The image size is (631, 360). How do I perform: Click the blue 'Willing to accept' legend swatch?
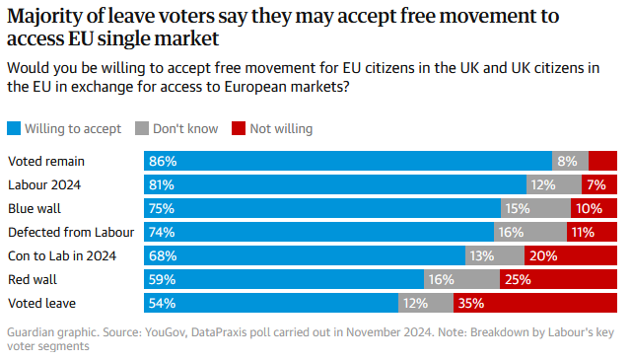14,128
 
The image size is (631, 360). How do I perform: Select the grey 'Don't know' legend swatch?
140,128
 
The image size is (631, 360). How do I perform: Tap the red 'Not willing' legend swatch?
238,128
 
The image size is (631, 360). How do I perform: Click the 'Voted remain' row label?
46,161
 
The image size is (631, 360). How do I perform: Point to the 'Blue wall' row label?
36,208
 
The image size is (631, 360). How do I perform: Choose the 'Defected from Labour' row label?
71,232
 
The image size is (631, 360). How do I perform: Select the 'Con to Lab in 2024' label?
62,255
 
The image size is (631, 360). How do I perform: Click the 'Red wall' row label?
35,279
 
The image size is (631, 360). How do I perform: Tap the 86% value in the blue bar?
162,161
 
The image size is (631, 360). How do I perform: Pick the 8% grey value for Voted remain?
567,161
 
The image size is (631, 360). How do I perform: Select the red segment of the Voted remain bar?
602,161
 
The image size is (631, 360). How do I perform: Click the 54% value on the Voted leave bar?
162,303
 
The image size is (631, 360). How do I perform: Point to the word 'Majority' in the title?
45,17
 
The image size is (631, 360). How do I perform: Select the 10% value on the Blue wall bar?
589,208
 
